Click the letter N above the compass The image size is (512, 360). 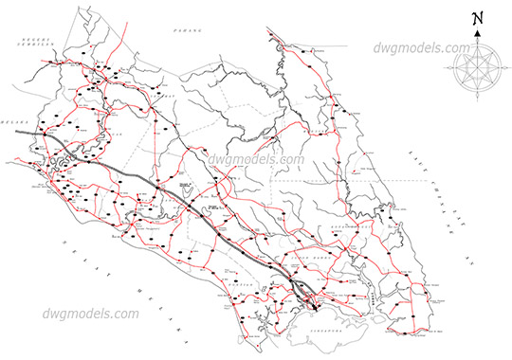pos(478,18)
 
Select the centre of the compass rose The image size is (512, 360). pos(478,70)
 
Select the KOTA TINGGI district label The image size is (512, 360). pos(352,228)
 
